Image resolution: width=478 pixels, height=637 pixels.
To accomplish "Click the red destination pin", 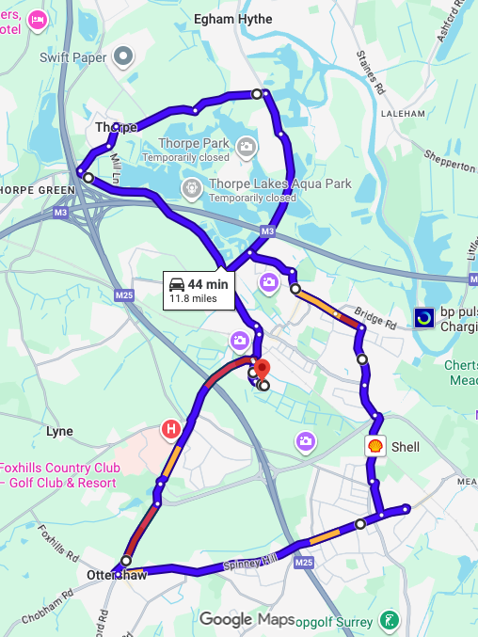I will (263, 368).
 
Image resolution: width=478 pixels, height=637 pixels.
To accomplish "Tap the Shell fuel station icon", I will (375, 446).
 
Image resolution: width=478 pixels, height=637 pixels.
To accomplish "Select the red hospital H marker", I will (172, 430).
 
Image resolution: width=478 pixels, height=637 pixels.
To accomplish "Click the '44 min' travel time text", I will (207, 284).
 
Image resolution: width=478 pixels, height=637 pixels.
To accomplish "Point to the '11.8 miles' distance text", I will (193, 299).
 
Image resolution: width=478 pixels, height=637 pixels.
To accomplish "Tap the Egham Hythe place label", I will (232, 19).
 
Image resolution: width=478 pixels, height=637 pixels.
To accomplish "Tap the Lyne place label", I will (59, 432).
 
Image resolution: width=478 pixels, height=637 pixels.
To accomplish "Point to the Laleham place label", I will (405, 113).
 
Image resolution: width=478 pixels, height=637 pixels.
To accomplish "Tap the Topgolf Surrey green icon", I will (387, 621).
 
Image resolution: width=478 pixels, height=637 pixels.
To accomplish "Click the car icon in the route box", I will (176, 284).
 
